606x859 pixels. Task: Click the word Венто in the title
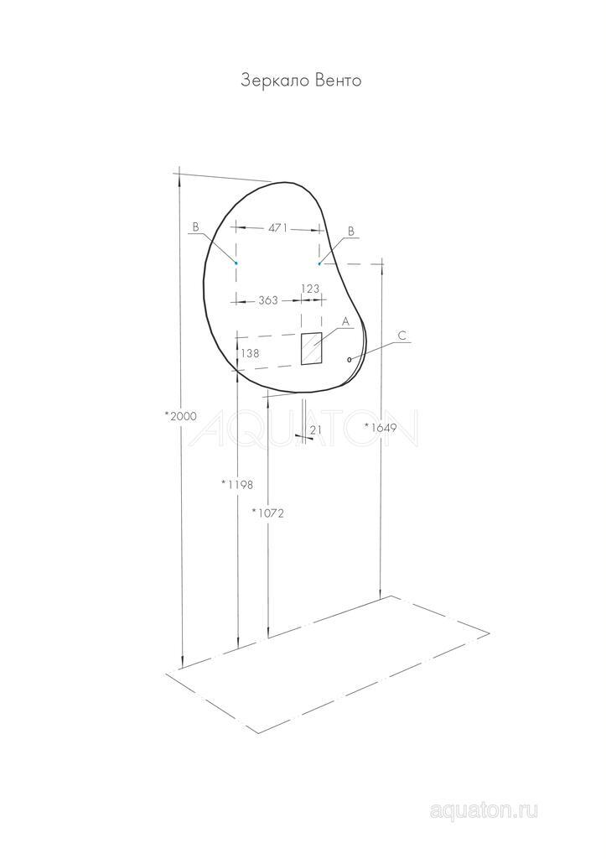339,81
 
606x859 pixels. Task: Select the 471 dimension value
277,228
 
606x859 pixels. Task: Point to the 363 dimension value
267,300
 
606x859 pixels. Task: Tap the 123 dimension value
310,289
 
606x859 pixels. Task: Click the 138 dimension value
250,353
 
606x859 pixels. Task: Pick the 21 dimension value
316,430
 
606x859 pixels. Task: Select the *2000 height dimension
180,416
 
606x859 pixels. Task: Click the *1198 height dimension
237,484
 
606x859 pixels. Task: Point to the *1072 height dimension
267,513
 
